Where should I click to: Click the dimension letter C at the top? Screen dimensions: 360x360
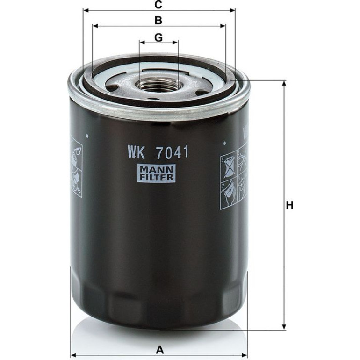pos(158,4)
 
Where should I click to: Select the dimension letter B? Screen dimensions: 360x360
pos(158,20)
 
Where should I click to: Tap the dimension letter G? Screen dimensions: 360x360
pos(158,37)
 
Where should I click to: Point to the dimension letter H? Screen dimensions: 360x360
pos(290,205)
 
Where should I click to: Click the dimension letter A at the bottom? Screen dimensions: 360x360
pos(160,350)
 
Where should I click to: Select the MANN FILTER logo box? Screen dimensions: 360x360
pos(156,173)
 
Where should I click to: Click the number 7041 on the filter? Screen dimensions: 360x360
pos(172,152)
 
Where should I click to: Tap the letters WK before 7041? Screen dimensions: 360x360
pos(137,152)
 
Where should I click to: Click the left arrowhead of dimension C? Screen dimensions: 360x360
pos(86,10)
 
